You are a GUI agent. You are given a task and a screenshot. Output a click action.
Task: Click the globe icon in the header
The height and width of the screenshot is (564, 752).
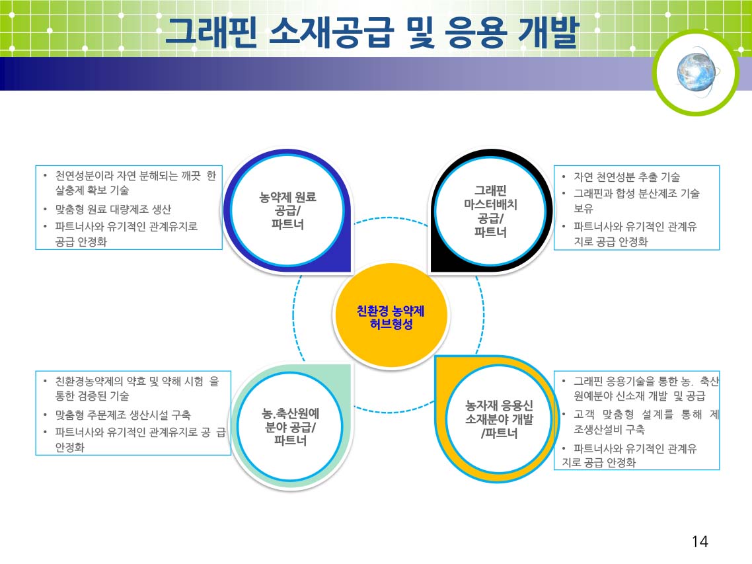697,72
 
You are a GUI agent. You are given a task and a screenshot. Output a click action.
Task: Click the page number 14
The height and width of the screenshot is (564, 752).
700,542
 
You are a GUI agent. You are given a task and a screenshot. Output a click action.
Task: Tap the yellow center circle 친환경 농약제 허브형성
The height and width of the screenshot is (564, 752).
391,316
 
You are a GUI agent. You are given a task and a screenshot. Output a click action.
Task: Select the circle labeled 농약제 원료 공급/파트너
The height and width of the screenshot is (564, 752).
287,210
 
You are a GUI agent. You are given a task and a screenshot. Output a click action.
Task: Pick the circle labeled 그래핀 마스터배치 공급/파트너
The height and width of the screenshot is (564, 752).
490,211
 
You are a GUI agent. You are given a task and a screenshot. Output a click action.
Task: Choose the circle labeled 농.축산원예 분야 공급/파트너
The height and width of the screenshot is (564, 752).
291,426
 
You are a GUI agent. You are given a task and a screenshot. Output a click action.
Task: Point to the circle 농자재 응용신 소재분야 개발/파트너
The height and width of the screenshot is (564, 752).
499,419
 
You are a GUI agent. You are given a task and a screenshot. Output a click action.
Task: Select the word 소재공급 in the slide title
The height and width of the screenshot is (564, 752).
331,32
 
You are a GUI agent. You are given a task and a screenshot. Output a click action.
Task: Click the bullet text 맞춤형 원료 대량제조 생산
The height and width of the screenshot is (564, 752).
113,210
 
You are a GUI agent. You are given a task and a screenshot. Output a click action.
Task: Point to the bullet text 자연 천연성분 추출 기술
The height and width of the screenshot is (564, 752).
627,177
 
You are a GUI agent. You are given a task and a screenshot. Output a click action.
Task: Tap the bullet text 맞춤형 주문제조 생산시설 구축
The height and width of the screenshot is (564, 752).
123,415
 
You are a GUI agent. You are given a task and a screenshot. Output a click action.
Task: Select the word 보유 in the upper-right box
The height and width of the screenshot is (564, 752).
583,208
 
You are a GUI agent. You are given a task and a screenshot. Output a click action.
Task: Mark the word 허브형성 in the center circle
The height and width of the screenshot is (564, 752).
391,325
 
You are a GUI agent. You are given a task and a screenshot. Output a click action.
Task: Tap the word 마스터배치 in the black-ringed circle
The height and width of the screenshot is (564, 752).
490,204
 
